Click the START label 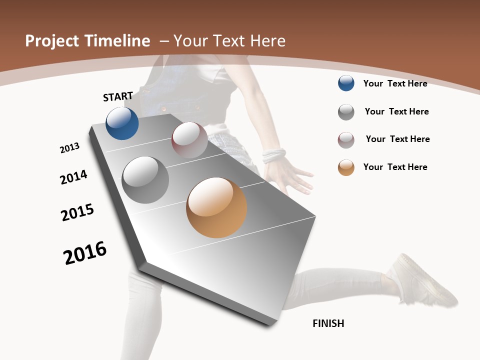[x=118, y=96]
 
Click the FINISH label [x=328, y=323]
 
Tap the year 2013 [x=69, y=148]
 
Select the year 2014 [x=73, y=177]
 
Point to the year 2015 [x=77, y=212]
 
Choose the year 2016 [x=85, y=253]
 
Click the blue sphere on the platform [x=122, y=123]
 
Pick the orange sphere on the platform [x=216, y=207]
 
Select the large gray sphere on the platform [x=145, y=180]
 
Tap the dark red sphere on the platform [x=189, y=140]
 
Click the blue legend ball [x=346, y=83]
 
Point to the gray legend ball [x=346, y=112]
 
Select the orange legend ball [x=346, y=167]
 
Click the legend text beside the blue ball [x=395, y=83]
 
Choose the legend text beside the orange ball [x=395, y=167]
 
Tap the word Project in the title [x=51, y=41]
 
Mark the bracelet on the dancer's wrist [x=273, y=155]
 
